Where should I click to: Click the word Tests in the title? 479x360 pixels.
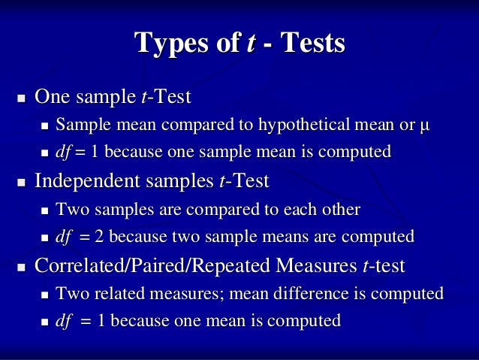(x=311, y=44)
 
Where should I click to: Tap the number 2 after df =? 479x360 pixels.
(x=99, y=237)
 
